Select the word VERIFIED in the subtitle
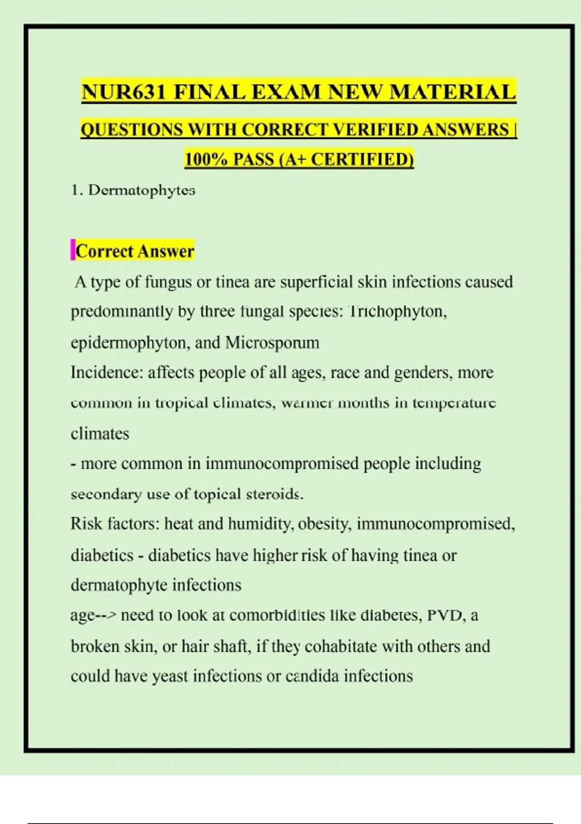pos(375,129)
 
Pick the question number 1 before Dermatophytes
pos(75,190)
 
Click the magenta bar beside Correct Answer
pos(73,250)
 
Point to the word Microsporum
pos(272,343)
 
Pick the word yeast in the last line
pos(170,676)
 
